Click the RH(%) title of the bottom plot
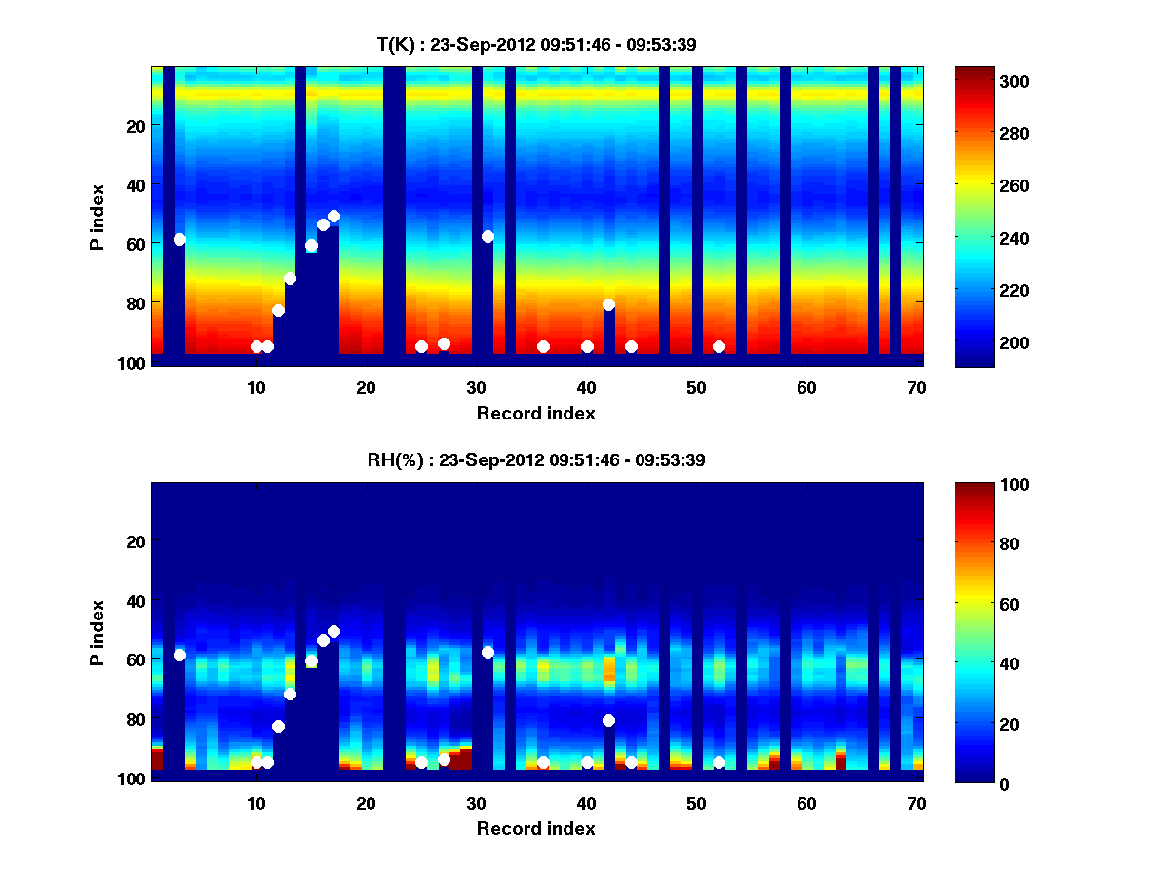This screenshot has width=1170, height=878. click(529, 459)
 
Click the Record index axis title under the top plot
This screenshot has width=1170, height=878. click(535, 413)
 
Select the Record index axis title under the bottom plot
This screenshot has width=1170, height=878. click(535, 828)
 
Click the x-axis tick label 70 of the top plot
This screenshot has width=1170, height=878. click(916, 387)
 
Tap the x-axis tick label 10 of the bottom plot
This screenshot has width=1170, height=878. click(255, 803)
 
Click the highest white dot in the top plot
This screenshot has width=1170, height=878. click(333, 216)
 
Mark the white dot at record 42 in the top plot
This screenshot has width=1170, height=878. click(608, 304)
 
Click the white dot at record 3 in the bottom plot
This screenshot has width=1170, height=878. click(179, 655)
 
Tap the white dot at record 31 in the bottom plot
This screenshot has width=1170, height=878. click(487, 652)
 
